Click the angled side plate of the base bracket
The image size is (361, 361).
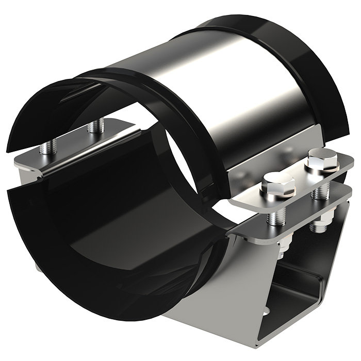coord(222,299)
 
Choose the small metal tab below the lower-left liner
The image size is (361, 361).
coord(38,268)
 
